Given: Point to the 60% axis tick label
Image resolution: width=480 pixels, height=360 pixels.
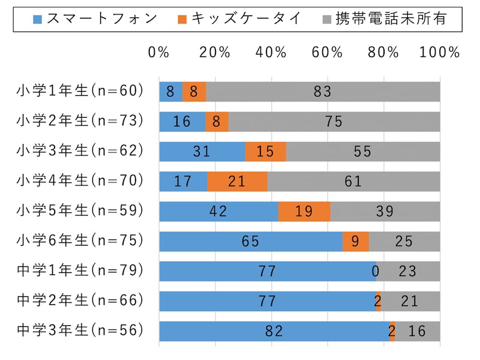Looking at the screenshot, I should [327, 52].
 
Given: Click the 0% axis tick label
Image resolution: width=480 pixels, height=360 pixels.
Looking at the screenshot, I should [158, 52].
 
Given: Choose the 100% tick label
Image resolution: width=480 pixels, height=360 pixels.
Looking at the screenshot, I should [440, 52].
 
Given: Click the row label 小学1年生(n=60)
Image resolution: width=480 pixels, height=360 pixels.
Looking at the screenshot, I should [80, 91].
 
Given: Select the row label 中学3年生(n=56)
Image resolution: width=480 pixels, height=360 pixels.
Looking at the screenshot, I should [80, 330].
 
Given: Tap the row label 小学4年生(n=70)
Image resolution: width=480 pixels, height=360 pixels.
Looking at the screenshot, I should [80, 181].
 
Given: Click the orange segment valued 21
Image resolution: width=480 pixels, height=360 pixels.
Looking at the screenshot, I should [237, 181].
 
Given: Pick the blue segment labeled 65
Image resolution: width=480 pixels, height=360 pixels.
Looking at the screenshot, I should [250, 241].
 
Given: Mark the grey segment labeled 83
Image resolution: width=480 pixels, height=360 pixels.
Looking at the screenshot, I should [323, 92].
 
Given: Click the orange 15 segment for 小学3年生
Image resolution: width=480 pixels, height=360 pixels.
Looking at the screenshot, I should [265, 152].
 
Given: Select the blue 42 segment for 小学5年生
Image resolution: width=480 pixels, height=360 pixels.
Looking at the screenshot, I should [218, 211].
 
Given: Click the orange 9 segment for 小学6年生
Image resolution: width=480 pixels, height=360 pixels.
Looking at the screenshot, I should [355, 241].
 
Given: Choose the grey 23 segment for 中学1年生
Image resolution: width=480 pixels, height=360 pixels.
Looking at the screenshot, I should [408, 271].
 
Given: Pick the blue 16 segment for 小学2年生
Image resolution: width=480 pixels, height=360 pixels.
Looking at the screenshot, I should [181, 122].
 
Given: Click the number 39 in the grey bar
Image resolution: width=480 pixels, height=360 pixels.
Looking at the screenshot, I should [385, 211].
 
